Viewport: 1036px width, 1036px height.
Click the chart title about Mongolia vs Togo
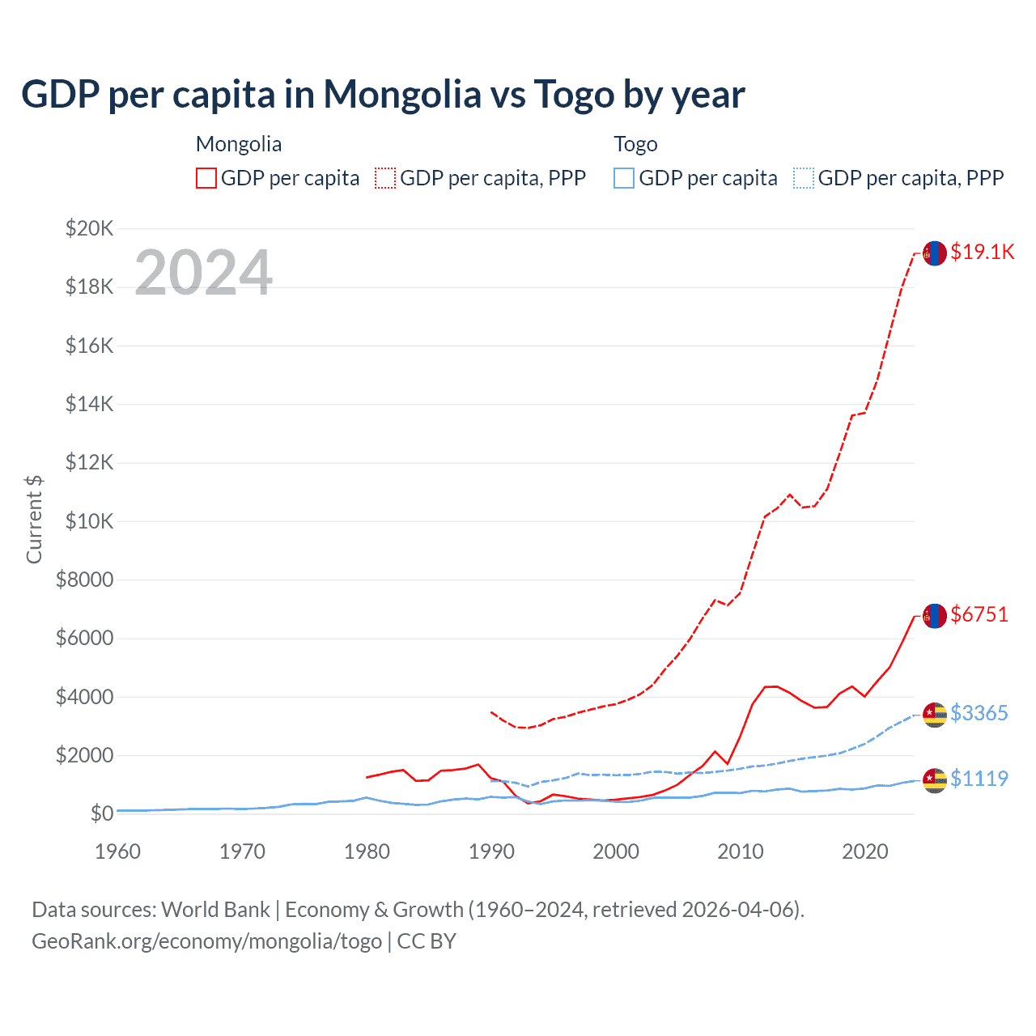coord(383,95)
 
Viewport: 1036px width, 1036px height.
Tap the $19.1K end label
coord(982,252)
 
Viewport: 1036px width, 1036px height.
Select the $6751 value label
coord(979,614)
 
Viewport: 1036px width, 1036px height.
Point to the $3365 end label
coord(979,713)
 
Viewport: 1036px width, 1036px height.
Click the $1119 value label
coord(979,779)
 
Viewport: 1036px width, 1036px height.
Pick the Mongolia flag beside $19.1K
coord(935,253)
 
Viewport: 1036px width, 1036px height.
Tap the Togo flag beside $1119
coord(935,780)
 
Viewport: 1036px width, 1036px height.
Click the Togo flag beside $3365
coord(935,715)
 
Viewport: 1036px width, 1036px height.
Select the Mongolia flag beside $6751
coord(935,616)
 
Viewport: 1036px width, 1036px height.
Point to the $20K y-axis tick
coord(90,228)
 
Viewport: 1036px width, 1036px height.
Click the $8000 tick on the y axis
coord(85,580)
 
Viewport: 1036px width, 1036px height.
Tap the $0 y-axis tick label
coord(102,813)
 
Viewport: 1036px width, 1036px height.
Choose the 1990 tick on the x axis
coord(491,851)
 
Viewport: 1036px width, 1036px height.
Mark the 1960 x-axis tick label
coord(118,851)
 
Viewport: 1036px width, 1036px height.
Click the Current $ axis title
coord(34,520)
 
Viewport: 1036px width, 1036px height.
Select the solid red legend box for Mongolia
coord(206,178)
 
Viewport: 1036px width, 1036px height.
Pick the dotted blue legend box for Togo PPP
coord(804,178)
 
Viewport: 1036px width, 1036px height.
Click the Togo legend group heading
coord(635,144)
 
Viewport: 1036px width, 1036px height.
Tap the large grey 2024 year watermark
coord(203,273)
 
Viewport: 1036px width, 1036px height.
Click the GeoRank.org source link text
coord(206,941)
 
